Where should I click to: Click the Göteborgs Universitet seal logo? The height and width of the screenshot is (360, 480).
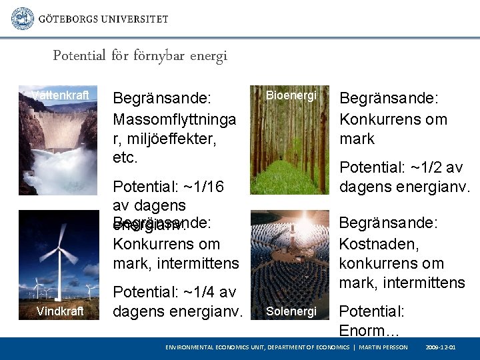click(x=23, y=18)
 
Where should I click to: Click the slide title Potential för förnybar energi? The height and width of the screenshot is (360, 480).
click(x=140, y=56)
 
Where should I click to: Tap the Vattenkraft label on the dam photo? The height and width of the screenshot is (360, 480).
click(x=60, y=95)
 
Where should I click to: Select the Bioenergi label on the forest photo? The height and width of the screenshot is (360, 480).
click(x=291, y=95)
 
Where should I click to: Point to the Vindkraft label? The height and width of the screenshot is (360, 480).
click(x=60, y=311)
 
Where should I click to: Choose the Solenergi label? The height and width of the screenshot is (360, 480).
click(x=291, y=311)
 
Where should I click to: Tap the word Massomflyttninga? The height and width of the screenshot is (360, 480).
click(x=175, y=120)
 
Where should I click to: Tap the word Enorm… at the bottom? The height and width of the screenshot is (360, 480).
click(x=369, y=330)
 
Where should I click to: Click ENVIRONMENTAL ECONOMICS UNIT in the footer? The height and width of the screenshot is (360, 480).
click(x=215, y=348)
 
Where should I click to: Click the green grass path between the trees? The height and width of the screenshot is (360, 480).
click(x=291, y=177)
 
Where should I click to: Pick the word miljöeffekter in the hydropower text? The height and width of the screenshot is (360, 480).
click(x=173, y=139)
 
